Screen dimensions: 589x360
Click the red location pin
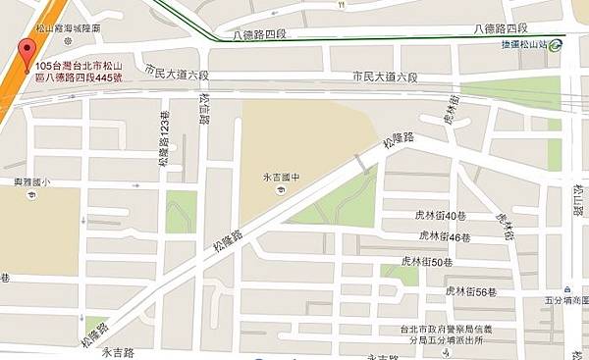click(x=23, y=49)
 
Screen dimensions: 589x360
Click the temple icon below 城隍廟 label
click(x=67, y=43)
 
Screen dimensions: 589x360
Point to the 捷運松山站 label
click(x=519, y=44)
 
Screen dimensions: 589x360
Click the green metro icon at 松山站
click(x=557, y=43)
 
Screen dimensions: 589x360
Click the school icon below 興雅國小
click(x=33, y=194)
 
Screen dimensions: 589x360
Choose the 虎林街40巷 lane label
click(x=438, y=215)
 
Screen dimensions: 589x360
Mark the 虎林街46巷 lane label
click(x=445, y=236)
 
